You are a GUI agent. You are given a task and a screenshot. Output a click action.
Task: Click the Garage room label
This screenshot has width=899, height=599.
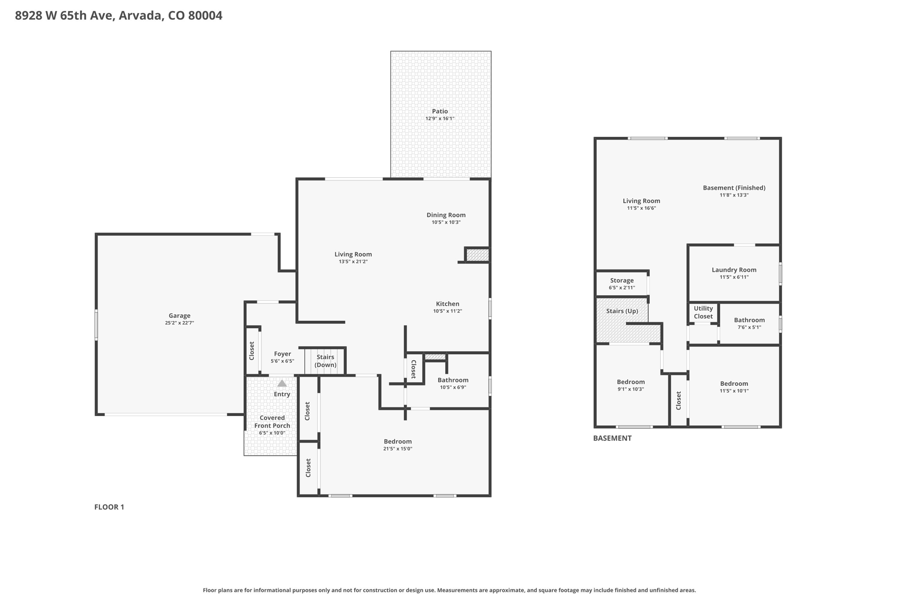click(x=180, y=316)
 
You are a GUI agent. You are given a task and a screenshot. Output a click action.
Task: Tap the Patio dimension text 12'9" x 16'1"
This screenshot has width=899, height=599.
click(x=440, y=118)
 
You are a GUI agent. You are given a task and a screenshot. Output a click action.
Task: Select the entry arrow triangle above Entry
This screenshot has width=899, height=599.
click(x=282, y=383)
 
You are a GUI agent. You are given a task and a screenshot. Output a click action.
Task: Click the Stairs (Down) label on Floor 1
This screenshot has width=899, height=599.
click(x=325, y=361)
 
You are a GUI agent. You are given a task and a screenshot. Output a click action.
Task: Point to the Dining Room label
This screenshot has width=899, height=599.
click(x=446, y=215)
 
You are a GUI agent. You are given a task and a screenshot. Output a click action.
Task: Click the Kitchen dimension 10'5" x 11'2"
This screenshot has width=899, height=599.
click(x=448, y=311)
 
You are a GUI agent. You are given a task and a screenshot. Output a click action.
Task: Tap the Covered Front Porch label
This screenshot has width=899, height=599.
click(x=272, y=422)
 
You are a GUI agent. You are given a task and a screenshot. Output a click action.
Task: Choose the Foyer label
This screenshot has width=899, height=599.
click(x=282, y=354)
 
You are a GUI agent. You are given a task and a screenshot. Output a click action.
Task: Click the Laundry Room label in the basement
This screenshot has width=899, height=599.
click(x=734, y=270)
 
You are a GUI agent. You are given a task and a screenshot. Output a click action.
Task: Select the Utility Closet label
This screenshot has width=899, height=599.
click(x=703, y=312)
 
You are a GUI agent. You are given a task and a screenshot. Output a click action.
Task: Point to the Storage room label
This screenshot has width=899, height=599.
click(x=622, y=280)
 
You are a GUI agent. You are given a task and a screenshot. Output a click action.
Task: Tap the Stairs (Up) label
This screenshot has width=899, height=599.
click(x=622, y=311)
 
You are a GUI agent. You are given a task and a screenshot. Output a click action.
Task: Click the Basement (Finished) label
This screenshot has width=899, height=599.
click(x=734, y=188)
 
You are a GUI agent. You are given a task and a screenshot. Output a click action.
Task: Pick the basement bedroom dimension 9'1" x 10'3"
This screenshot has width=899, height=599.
click(x=631, y=389)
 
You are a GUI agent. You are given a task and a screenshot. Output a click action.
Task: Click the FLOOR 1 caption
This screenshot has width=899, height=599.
click(x=109, y=507)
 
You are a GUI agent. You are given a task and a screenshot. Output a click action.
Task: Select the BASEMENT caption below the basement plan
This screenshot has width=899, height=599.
click(x=612, y=438)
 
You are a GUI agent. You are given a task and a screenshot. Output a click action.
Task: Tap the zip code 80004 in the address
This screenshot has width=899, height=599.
click(x=205, y=15)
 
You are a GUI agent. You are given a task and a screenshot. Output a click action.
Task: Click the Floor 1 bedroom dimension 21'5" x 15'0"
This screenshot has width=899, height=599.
click(x=398, y=448)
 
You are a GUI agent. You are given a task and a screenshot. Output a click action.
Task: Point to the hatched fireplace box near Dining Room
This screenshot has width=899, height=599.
click(x=477, y=255)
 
